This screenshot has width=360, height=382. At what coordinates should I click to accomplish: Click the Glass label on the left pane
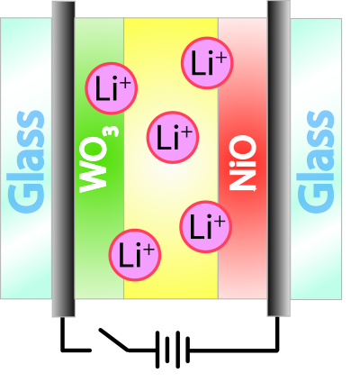pos(27,162)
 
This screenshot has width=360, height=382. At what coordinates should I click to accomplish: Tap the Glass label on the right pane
pos(316,162)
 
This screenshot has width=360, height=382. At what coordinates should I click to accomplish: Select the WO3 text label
pos(98,159)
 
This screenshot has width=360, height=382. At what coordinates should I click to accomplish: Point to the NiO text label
pos(242,163)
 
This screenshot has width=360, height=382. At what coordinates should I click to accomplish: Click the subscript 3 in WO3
pos(113,132)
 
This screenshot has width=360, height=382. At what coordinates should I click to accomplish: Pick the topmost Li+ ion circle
pos(207,63)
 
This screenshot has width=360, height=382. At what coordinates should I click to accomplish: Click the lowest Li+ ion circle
pos(135,255)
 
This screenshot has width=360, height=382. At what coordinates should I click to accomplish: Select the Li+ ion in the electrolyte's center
pos(173,138)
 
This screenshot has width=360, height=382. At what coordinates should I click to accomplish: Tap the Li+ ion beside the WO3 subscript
pos(112,88)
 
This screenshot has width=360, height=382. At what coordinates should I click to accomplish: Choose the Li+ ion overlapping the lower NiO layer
pos(206,227)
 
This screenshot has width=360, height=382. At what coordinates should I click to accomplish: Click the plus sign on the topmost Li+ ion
pos(220,58)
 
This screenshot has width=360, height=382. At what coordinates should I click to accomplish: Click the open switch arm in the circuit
pos(114,340)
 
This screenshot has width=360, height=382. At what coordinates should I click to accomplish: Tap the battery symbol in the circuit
pos(173,350)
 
